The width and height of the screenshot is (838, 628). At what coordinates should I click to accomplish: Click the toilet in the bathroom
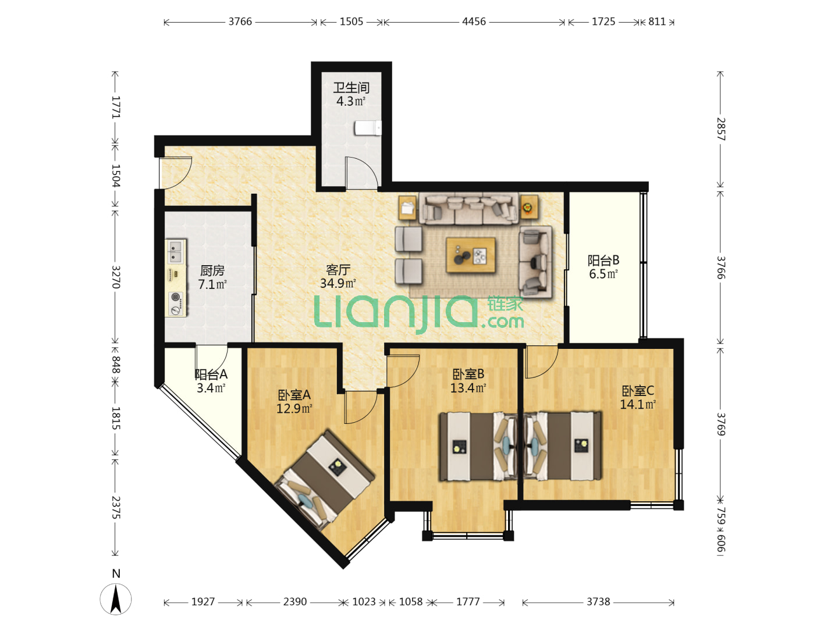(x=368, y=128)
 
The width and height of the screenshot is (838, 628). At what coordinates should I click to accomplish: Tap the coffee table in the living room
(x=471, y=255)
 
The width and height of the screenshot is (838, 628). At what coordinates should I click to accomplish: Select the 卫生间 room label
(x=351, y=88)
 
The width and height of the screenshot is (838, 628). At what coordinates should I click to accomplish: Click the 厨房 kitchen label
(x=212, y=271)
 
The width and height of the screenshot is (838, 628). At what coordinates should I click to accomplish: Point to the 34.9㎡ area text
(x=338, y=283)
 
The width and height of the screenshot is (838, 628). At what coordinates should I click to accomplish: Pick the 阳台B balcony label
(x=603, y=261)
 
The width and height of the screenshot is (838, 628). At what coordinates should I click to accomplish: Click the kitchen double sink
(x=176, y=252)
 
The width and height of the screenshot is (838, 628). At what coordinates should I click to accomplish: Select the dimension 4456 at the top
(x=474, y=22)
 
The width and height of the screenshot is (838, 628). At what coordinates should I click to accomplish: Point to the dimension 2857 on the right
(x=720, y=129)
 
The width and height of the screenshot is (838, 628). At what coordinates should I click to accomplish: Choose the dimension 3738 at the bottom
(x=598, y=602)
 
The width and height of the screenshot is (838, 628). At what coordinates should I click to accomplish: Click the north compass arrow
(x=116, y=600)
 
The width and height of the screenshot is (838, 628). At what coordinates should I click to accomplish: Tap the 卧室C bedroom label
(x=638, y=391)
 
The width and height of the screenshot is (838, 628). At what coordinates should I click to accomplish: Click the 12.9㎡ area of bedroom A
(x=294, y=409)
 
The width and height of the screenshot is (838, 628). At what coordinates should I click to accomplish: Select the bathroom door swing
(x=361, y=172)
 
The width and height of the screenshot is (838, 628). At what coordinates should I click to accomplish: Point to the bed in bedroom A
(x=325, y=480)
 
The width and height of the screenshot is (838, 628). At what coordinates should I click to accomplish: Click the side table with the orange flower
(x=529, y=208)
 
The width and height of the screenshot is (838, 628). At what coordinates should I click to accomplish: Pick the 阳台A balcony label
(x=211, y=374)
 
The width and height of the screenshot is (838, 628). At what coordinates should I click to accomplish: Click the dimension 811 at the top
(x=657, y=22)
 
